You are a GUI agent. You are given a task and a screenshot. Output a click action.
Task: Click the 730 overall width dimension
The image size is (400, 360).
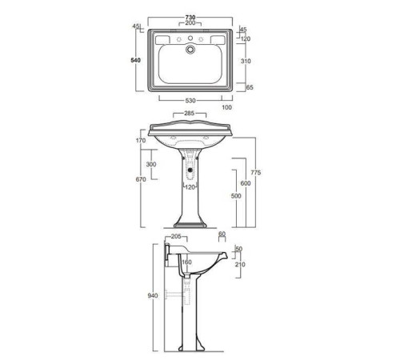pyautogui.click(x=192, y=17)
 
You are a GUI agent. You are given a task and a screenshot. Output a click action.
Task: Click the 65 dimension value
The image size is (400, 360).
pyautogui.click(x=250, y=88)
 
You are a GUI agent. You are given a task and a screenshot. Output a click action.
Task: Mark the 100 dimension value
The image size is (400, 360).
pyautogui.click(x=226, y=106)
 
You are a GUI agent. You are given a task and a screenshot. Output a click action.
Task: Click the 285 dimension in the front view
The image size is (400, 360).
pyautogui.click(x=190, y=114)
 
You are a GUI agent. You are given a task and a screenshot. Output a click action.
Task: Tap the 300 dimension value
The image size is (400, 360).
pyautogui.click(x=150, y=165)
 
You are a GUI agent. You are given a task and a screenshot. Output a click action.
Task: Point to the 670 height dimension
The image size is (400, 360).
pyautogui.click(x=141, y=180)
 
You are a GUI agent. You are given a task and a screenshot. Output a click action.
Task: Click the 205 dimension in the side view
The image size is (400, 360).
pyautogui.click(x=177, y=237)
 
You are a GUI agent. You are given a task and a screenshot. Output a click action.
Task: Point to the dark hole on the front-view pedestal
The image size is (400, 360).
pyautogui.click(x=190, y=169)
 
